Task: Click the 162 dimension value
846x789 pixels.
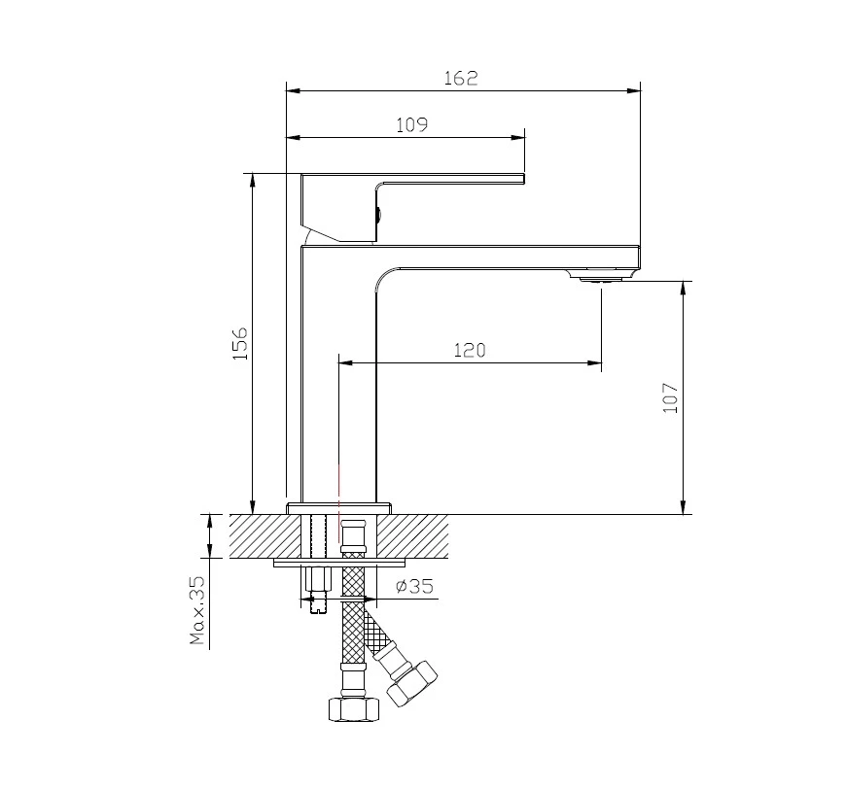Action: coord(461,78)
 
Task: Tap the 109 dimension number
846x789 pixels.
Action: coord(411,125)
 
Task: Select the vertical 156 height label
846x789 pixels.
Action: coord(239,343)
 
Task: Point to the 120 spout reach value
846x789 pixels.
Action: coord(470,351)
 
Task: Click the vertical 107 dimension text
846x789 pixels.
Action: coord(670,398)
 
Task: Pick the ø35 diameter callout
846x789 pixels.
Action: coord(415,586)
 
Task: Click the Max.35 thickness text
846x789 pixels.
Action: coord(197,610)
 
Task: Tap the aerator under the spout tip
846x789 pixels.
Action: coord(600,278)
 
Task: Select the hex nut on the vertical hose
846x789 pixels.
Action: coord(355,708)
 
